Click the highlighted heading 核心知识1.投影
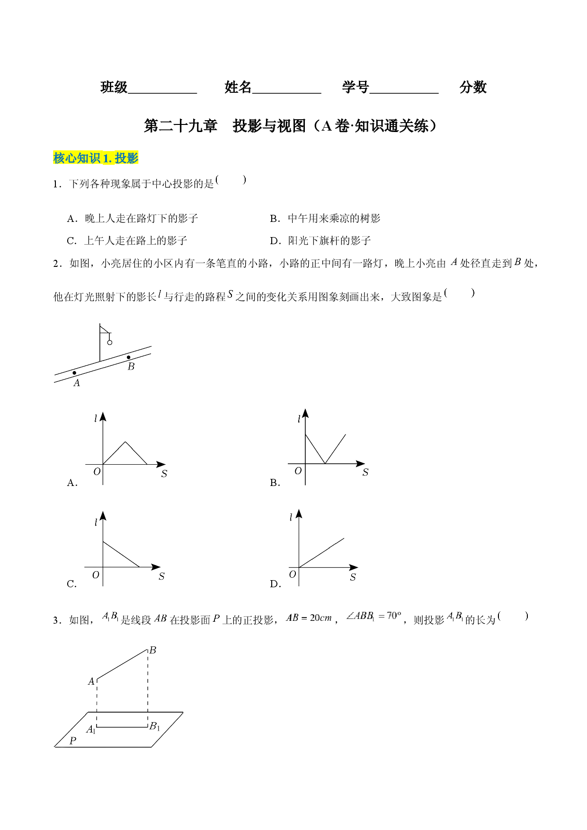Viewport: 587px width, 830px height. point(96,158)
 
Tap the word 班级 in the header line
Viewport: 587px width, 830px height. point(114,87)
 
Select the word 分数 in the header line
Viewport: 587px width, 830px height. point(473,87)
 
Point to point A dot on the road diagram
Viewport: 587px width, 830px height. point(74,373)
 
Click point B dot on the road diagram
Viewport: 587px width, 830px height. point(128,357)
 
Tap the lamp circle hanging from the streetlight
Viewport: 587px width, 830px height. point(110,342)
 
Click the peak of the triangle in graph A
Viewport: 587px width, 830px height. point(125,442)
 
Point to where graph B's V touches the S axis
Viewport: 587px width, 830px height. point(325,464)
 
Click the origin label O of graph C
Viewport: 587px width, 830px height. point(96,575)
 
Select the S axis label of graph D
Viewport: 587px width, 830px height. point(353,577)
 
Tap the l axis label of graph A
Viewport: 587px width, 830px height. point(96,418)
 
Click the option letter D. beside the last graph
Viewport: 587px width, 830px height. point(276,584)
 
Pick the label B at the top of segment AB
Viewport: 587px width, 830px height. point(152,650)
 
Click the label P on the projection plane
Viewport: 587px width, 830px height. point(73,741)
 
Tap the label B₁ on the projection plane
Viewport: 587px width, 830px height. point(155,726)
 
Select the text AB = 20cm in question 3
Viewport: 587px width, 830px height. point(309,618)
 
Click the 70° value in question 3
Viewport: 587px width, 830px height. point(394,616)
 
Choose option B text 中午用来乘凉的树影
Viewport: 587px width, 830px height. point(334,218)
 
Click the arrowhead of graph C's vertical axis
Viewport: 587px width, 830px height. point(103,516)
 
